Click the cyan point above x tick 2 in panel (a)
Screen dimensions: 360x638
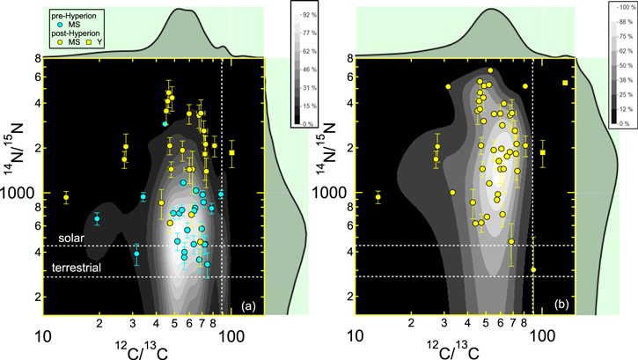point(97,218)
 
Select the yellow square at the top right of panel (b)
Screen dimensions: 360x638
point(565,83)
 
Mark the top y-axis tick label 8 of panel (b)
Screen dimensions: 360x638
point(348,59)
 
